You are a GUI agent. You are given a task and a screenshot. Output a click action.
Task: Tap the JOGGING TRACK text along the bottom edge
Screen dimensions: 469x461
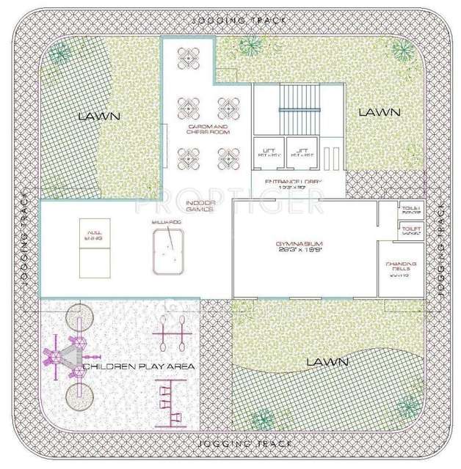[244, 444]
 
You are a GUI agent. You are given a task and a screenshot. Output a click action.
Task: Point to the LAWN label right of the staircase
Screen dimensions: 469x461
[379, 112]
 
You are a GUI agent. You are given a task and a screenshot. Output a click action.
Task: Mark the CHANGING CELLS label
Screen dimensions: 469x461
[402, 269]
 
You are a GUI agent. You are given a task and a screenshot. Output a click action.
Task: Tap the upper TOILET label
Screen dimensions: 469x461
[410, 210]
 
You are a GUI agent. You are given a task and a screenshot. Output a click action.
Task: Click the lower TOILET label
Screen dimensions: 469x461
[410, 232]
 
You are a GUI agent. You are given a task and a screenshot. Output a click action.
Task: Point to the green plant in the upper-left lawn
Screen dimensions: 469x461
[62, 54]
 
